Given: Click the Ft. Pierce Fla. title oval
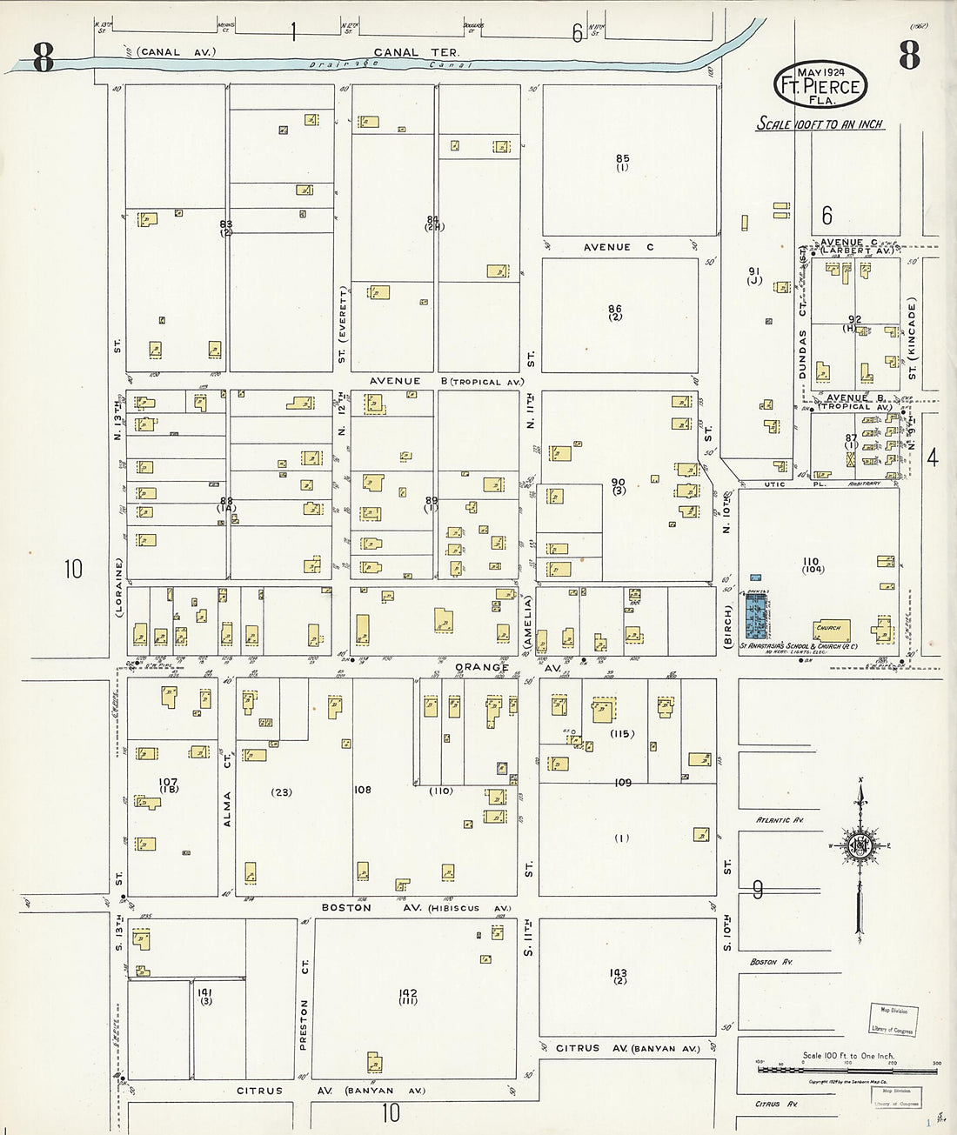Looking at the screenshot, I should [x=820, y=85].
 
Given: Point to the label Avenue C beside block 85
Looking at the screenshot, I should [x=618, y=248].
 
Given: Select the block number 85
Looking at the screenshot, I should [x=622, y=159].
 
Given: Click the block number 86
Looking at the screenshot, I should [x=615, y=309].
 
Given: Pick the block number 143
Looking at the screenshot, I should [x=619, y=973].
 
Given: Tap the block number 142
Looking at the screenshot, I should [x=408, y=993].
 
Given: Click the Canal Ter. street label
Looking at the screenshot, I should [x=416, y=52].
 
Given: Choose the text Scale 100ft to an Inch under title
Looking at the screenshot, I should [x=820, y=124].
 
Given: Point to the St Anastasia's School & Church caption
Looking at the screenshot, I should [x=798, y=646].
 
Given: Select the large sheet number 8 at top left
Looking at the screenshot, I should [x=43, y=57].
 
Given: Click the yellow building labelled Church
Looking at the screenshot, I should [x=831, y=629].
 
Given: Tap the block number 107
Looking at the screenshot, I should [x=168, y=783].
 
